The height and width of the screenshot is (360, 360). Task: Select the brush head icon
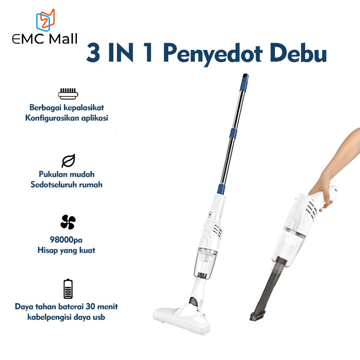pos(68,94)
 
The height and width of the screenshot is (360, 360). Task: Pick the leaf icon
pos(68,161)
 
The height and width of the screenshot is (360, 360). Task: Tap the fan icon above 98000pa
pos(68,222)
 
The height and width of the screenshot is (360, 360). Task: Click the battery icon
pos(68,289)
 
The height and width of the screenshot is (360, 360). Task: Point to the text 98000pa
pos(66,241)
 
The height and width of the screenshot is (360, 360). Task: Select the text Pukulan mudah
pos(66,174)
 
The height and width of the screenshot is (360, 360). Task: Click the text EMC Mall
pos(45,39)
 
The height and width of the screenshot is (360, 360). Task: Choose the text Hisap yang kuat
pos(66,251)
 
